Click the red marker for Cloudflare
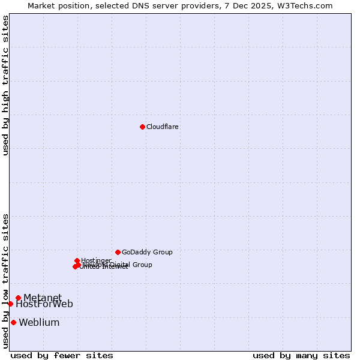(142, 127)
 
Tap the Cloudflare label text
(162, 127)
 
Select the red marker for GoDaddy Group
(118, 252)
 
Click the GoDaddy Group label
(147, 253)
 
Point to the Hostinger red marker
(77, 260)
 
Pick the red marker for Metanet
(18, 298)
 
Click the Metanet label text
(42, 298)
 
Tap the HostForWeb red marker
(10, 304)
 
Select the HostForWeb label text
(44, 304)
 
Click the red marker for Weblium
(13, 322)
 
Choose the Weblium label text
(39, 323)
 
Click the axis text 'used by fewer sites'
(62, 356)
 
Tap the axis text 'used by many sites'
(301, 356)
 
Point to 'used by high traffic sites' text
(6, 85)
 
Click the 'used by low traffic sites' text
(6, 281)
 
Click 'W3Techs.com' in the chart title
(308, 5)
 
